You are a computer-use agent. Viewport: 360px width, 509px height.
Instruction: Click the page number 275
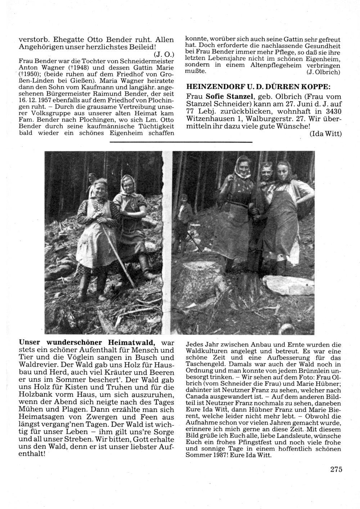point(335,469)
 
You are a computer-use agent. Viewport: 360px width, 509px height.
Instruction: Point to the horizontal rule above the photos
point(180,143)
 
